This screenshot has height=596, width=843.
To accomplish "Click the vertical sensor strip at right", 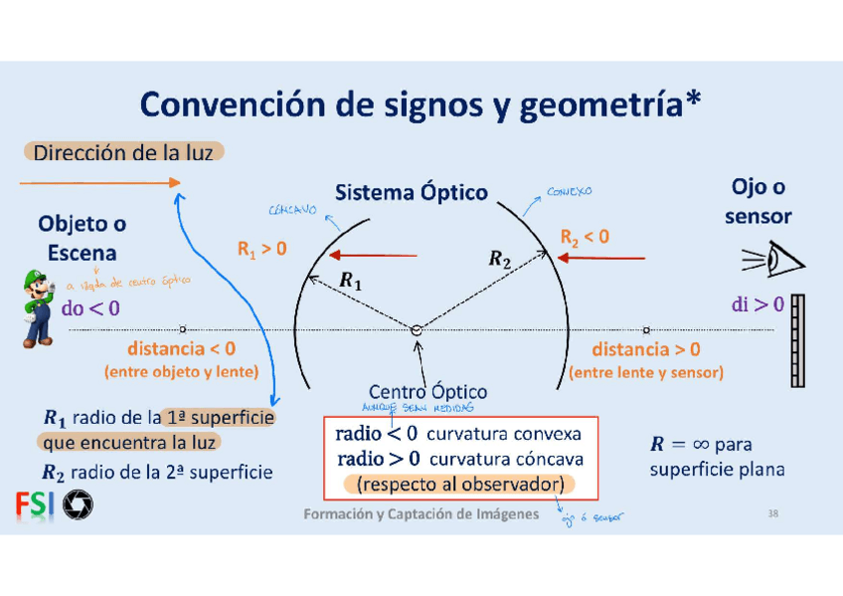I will click(x=797, y=340).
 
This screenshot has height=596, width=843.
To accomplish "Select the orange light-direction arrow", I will click(x=98, y=182).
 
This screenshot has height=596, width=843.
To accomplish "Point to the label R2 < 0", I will click(x=585, y=238).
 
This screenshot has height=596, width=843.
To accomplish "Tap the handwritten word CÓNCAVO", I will click(x=292, y=211).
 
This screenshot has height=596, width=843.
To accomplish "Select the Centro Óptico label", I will click(x=427, y=391).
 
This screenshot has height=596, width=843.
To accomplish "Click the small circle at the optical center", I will click(x=416, y=329).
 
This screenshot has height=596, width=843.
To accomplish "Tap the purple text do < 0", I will click(x=90, y=308).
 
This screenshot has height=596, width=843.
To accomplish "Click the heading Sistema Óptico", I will click(x=411, y=191).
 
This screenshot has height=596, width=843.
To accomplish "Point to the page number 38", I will click(x=773, y=513).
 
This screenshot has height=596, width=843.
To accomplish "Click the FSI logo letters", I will click(x=35, y=506).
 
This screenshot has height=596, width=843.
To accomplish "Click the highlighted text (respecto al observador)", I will click(x=459, y=485).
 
